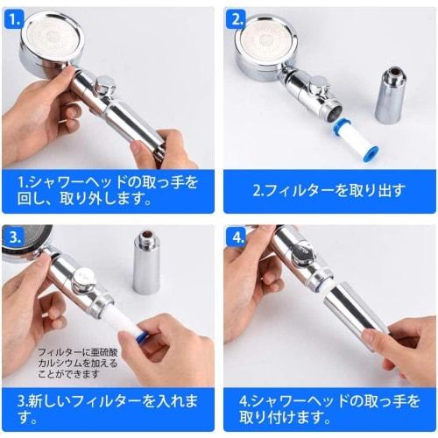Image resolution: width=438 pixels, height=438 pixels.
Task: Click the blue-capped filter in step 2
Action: pyautogui.click(x=355, y=139)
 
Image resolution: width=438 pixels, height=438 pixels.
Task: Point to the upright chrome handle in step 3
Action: pyautogui.click(x=146, y=263)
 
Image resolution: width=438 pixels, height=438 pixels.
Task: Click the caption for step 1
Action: pyautogui.click(x=109, y=189)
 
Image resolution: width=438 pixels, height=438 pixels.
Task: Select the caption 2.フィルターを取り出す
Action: pyautogui.click(x=328, y=189)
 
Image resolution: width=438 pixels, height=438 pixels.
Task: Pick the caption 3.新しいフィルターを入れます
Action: pyautogui.click(x=109, y=409)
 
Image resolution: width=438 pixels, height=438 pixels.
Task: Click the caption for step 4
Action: pyautogui.click(x=328, y=409)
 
